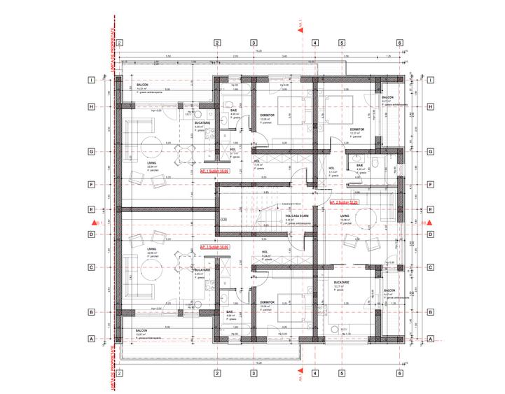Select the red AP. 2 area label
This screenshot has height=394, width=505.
(343, 202)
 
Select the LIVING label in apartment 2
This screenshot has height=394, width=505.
(344, 216)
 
